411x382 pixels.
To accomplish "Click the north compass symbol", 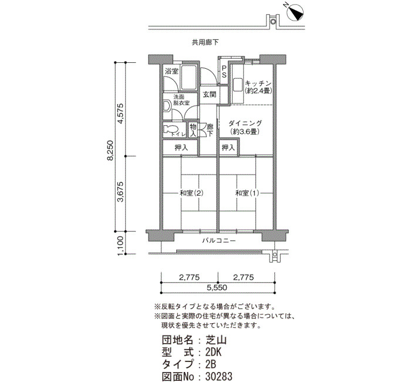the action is tap(295, 12).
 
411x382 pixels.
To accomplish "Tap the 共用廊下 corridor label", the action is tap(206, 42).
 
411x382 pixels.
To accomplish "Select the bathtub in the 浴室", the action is tap(188, 77).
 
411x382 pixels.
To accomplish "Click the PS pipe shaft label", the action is tap(224, 72).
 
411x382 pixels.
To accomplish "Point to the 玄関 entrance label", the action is tap(210, 95).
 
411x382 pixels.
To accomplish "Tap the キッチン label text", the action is tap(258, 83).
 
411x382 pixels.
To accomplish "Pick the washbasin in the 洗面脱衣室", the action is tap(167, 106).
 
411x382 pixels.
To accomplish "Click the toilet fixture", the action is tap(170, 130).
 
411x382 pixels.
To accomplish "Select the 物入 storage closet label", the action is tap(193, 130).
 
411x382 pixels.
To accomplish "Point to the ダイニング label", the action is tap(245, 123).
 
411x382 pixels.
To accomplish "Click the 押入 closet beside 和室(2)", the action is tap(181, 148).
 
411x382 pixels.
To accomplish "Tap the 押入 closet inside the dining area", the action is tap(228, 148).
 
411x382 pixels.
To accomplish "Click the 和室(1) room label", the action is tap(247, 193).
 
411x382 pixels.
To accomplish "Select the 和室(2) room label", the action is tap(191, 193).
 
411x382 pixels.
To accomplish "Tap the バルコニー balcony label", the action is tap(219, 240).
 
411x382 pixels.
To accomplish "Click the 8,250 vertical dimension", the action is tap(111, 150).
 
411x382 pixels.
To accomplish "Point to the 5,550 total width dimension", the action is tap(217, 287).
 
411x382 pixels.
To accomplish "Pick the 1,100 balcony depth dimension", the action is tap(120, 246).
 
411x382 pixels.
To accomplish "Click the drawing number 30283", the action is tap(219, 376).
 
